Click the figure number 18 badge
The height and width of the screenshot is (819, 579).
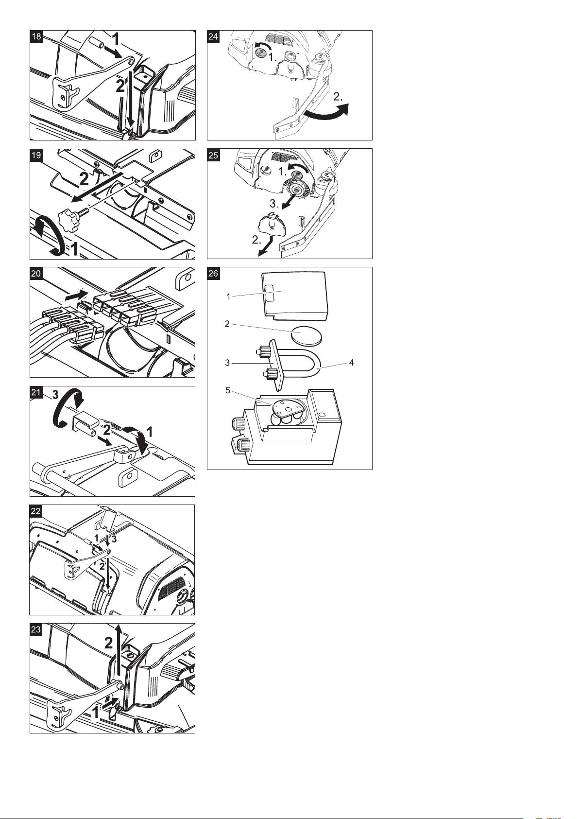36,36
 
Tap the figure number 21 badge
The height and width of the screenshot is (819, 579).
36,392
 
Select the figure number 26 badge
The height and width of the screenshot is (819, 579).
213,274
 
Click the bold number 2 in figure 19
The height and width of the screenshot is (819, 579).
84,179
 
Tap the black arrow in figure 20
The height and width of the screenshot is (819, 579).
76,295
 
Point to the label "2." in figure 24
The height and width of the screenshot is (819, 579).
338,97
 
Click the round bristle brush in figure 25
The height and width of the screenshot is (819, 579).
298,190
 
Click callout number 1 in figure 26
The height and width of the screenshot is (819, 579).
229,297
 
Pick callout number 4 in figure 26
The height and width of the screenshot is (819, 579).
351,363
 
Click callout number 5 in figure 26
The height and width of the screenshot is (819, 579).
228,390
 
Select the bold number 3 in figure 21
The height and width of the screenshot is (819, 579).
55,395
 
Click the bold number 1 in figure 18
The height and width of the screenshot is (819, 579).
116,39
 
